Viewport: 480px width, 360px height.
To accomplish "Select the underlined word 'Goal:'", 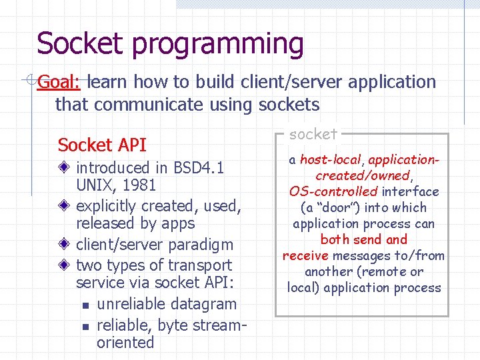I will pos(59,82).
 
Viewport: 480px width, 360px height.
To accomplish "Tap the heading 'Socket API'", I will pos(102,145).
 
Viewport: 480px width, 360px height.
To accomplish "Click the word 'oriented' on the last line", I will pos(125,343).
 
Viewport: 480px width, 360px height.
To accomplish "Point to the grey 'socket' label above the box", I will pos(313,134).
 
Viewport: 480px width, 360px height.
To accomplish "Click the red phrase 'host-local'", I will pos(330,160).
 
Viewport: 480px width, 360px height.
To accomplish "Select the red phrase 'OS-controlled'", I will pos(333,192).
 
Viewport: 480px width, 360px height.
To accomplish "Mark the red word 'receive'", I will pos(305,256).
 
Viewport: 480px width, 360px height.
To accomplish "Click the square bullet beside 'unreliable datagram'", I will pos(85,305).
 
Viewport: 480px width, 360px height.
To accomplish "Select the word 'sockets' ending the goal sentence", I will pos(289,105).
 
